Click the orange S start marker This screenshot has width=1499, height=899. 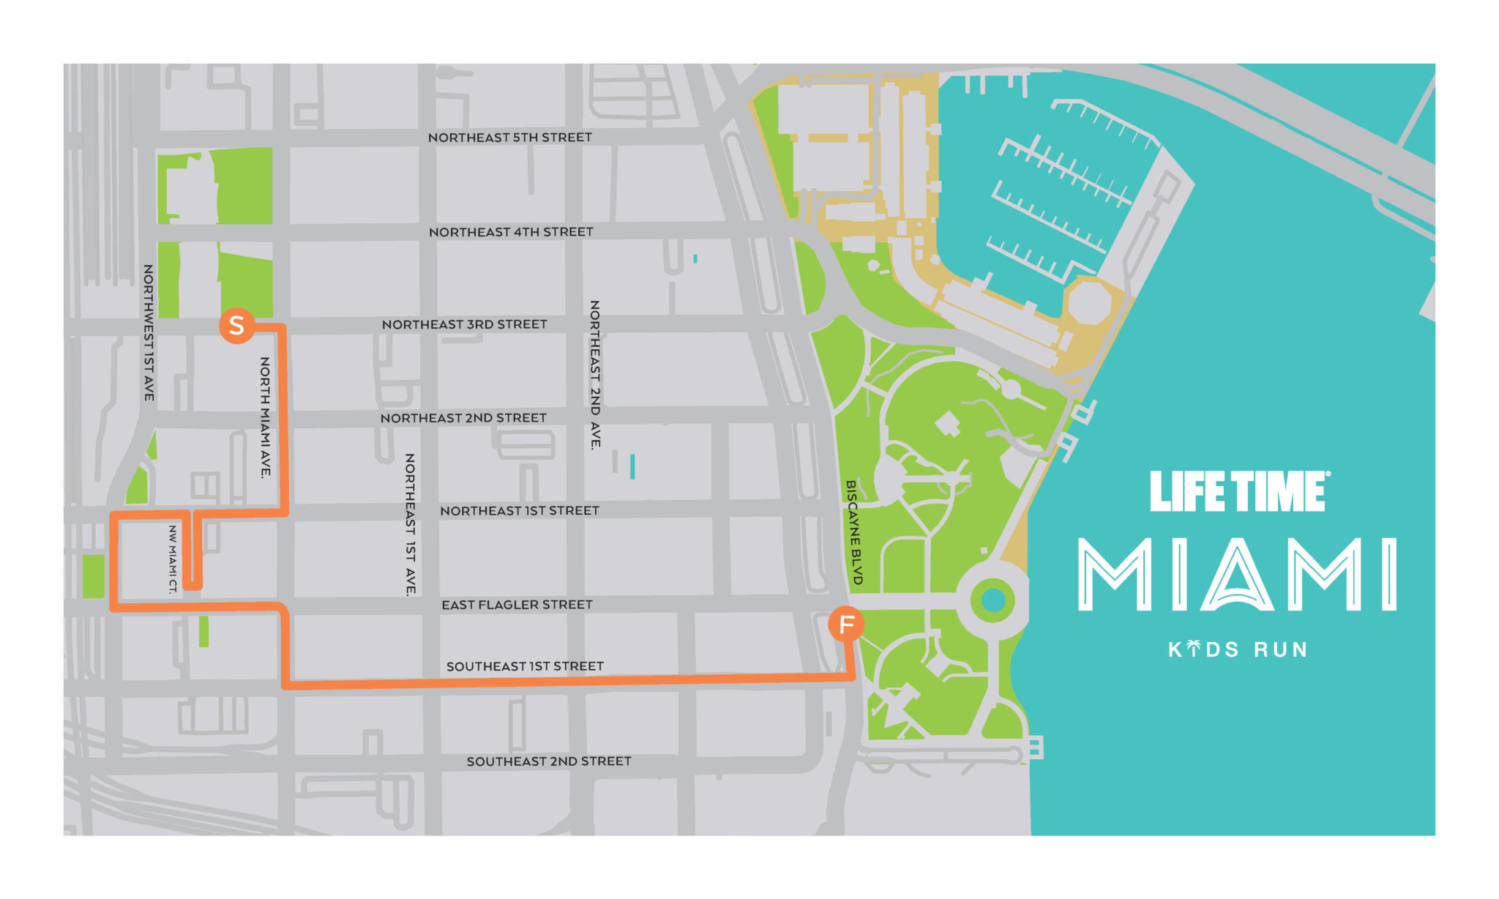pos(236,325)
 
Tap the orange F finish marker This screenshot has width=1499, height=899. pos(846,624)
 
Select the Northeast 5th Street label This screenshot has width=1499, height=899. pos(509,138)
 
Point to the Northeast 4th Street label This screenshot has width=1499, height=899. pos(511,232)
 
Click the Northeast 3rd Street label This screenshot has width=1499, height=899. pos(464,324)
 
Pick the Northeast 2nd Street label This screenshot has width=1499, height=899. pos(463,418)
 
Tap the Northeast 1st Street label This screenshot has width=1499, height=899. pos(519,511)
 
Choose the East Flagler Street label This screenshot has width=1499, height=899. pos(517,605)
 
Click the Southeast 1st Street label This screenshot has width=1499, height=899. pos(525,666)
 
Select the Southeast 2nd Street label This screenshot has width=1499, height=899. pos(549,761)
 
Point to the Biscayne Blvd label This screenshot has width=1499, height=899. pos(853,532)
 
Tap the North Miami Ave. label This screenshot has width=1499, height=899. pos(265,417)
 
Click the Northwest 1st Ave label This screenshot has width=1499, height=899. pos(149,332)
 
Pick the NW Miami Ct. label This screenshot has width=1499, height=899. pos(173,559)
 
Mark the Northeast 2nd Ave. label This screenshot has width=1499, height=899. pos(595,374)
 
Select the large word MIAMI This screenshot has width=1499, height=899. pos(1237,575)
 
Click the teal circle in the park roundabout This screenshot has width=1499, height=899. pos(993,601)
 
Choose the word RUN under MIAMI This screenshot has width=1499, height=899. pos(1280,650)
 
